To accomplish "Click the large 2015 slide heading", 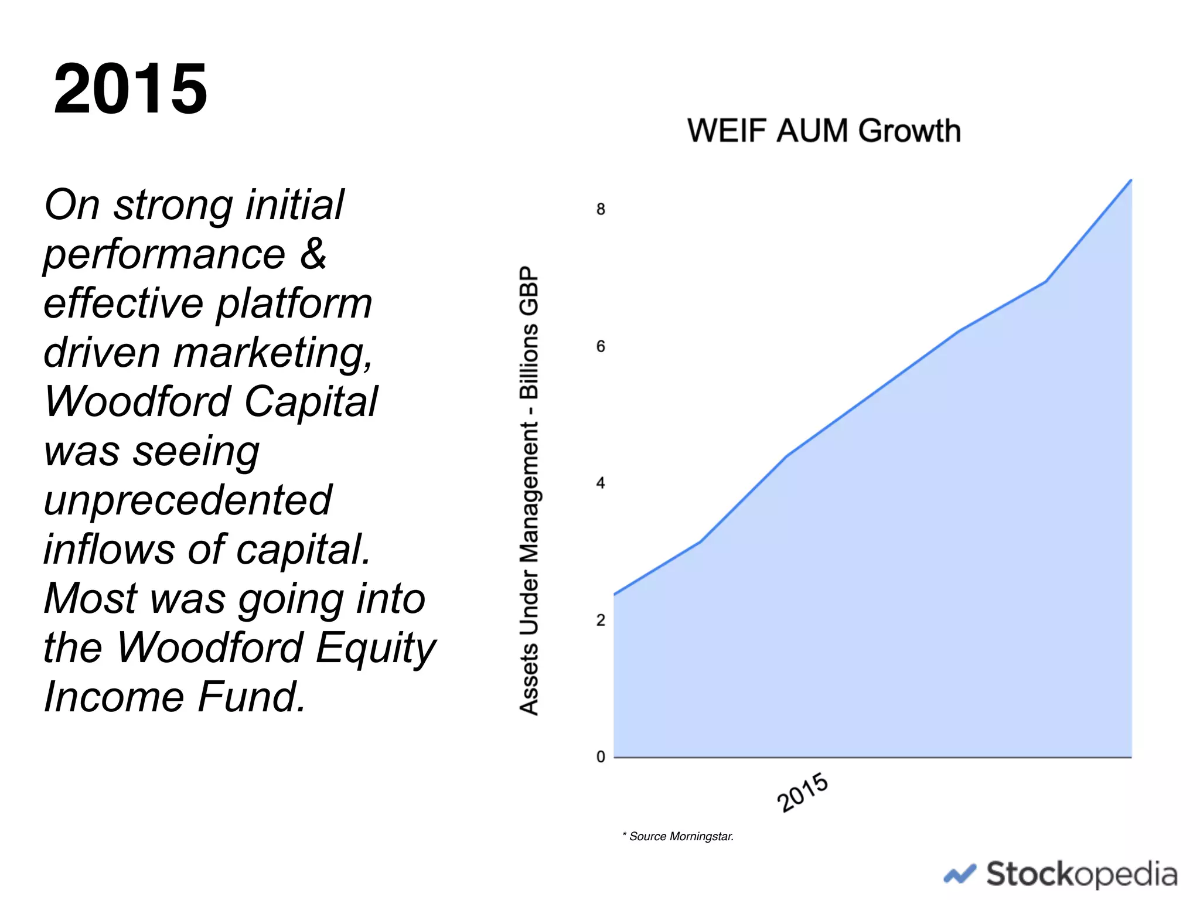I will pyautogui.click(x=130, y=89).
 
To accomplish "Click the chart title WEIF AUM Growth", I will pyautogui.click(x=823, y=130).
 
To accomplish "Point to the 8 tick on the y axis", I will pyautogui.click(x=601, y=209).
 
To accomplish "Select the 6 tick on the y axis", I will pyautogui.click(x=601, y=346).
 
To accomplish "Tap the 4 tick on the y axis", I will pyautogui.click(x=601, y=483).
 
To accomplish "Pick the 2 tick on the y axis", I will pyautogui.click(x=601, y=620).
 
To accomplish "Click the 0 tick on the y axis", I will pyautogui.click(x=601, y=756).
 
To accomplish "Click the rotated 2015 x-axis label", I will pyautogui.click(x=802, y=792).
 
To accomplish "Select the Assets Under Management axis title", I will pyautogui.click(x=529, y=490).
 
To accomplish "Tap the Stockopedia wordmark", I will pyautogui.click(x=1081, y=874).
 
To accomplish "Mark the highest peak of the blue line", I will pyautogui.click(x=1130, y=180).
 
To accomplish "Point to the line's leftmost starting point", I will pyautogui.click(x=615, y=594).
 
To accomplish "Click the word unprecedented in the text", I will pyautogui.click(x=188, y=500).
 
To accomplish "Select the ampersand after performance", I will pyautogui.click(x=313, y=254).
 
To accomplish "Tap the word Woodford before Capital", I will pyautogui.click(x=138, y=402).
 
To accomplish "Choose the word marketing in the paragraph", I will pyautogui.click(x=273, y=353).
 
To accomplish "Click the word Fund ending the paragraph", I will pyautogui.click(x=251, y=697).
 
